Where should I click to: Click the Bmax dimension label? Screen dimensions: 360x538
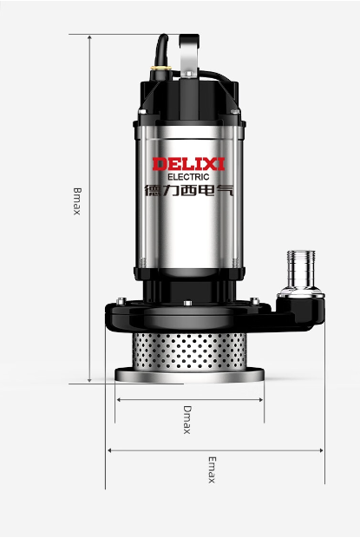(77, 201)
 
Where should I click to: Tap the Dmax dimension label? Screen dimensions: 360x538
(187, 420)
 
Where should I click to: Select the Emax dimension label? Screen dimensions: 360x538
(213, 469)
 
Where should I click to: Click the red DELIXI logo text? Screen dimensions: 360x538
(188, 164)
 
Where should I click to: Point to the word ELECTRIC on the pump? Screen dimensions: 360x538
(188, 177)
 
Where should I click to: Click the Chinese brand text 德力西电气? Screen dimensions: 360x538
(189, 190)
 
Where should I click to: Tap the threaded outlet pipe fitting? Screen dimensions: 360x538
(301, 270)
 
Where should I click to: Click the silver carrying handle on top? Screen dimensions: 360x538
(189, 55)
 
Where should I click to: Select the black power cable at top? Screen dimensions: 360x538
(161, 49)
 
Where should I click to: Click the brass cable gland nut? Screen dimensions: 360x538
(161, 68)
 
